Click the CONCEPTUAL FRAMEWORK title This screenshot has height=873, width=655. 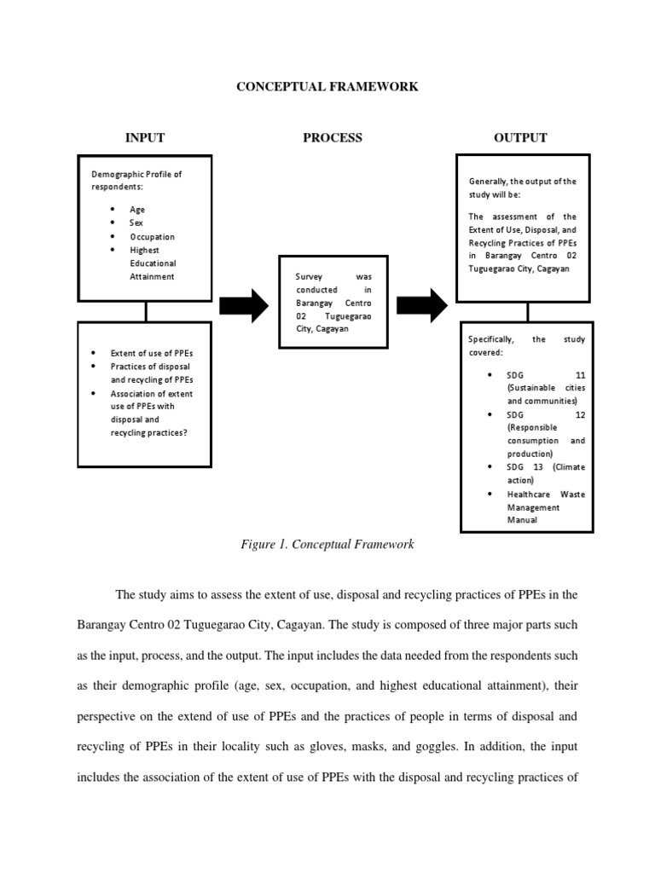click(x=327, y=87)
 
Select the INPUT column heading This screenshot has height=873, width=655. click(x=144, y=137)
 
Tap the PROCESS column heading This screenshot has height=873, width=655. click(x=333, y=137)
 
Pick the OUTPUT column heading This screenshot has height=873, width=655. click(x=520, y=137)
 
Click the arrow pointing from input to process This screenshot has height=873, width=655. click(x=244, y=305)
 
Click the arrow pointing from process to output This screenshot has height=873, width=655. click(x=422, y=305)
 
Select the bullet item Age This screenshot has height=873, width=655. click(x=136, y=209)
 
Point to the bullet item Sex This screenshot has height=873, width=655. click(x=136, y=223)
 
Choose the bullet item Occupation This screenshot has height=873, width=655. click(x=152, y=236)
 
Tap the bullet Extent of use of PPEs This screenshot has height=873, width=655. click(x=156, y=352)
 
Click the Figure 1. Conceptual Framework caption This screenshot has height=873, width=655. click(x=327, y=544)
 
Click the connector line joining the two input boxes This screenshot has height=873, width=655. click(x=146, y=311)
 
